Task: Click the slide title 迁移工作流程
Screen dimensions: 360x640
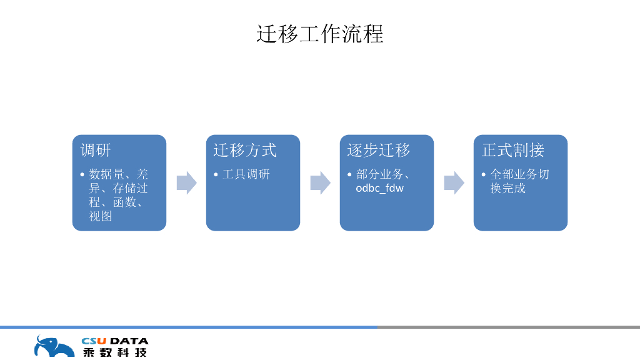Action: coord(319,34)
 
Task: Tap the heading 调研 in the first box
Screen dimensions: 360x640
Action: coord(96,150)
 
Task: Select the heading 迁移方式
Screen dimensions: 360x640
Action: coord(244,150)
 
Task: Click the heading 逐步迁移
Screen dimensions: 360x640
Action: coord(379,150)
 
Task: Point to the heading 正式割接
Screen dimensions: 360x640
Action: coord(513,150)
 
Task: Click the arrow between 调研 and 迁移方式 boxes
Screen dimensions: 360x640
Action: coord(186,183)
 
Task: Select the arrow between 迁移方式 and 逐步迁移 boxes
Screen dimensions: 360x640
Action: coord(320,183)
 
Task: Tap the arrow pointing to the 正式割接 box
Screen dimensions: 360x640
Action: coord(454,183)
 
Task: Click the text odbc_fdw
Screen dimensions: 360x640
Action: coord(379,188)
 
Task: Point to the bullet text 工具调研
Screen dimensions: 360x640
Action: coord(246,174)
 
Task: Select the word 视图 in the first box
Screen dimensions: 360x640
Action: coord(101,216)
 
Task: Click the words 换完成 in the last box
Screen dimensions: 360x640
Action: coord(507,188)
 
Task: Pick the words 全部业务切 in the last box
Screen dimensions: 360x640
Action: coord(519,174)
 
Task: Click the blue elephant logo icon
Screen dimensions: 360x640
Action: coord(52,347)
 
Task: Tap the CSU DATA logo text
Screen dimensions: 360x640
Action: coord(115,341)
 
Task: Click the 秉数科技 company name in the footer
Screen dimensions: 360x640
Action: coord(115,352)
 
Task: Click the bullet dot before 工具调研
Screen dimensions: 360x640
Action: coord(216,174)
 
